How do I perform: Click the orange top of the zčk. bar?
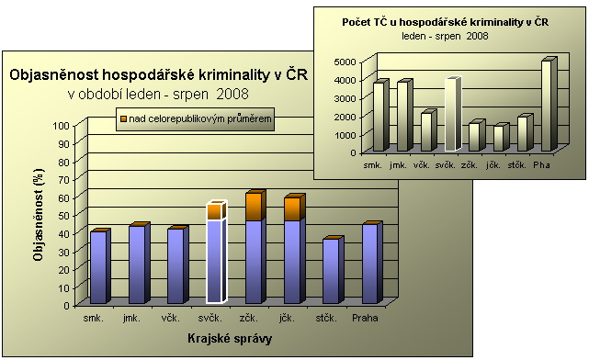(x=254, y=207)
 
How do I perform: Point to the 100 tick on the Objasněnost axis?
(x=62, y=125)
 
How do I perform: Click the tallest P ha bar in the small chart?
(x=548, y=106)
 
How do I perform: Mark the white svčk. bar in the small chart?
(x=450, y=115)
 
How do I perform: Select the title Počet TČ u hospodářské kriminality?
(x=445, y=21)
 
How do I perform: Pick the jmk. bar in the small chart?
(x=402, y=117)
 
